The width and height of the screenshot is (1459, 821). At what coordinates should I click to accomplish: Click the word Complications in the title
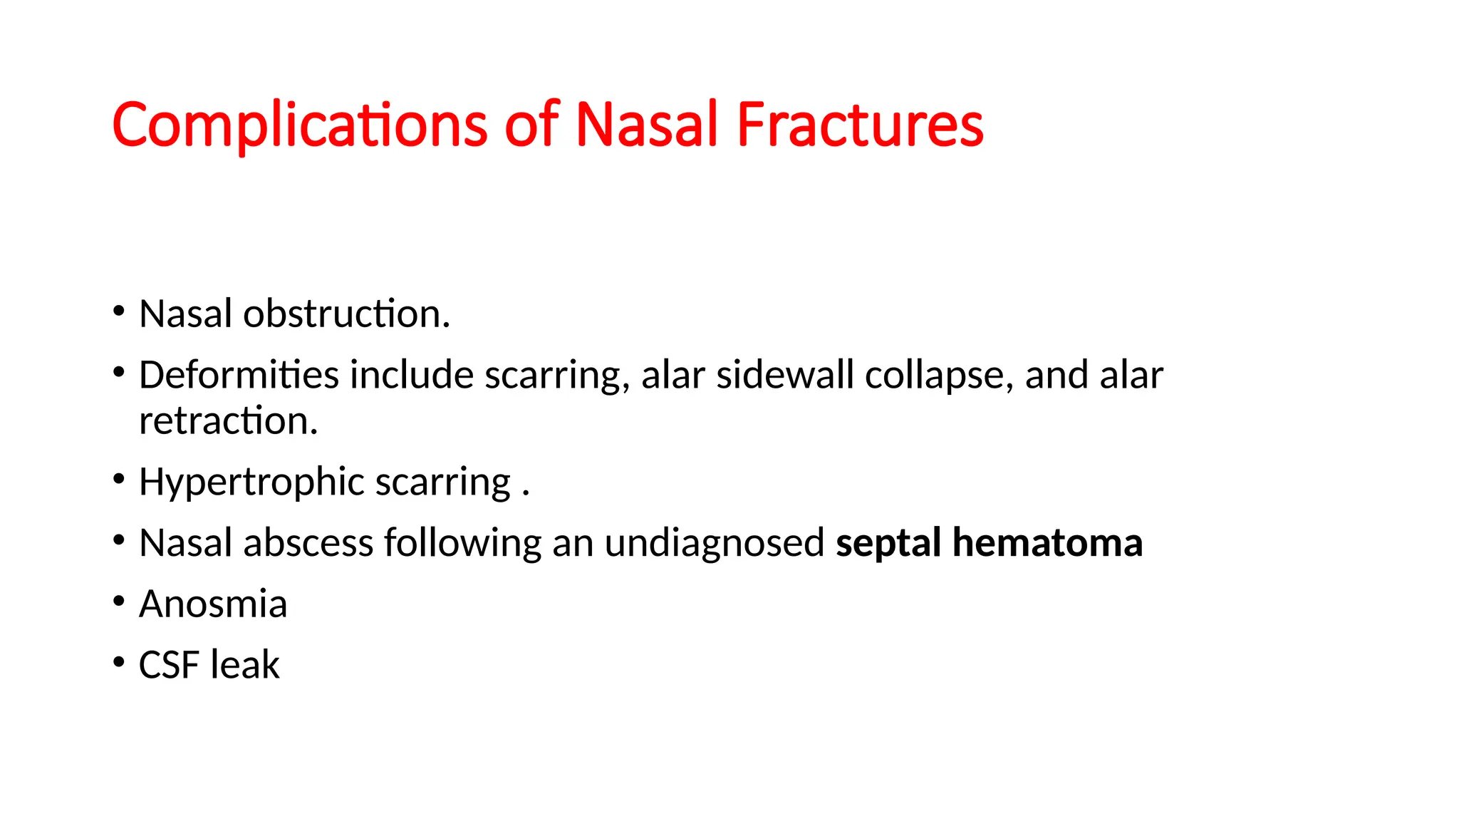click(299, 125)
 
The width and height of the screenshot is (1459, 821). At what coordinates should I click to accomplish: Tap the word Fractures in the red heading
click(860, 125)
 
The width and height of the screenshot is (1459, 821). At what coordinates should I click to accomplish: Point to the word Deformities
click(239, 375)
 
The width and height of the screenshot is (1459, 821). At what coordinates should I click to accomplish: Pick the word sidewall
click(784, 375)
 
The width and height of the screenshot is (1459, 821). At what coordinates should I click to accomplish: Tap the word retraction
click(228, 420)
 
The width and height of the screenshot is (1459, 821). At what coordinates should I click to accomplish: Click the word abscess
click(308, 543)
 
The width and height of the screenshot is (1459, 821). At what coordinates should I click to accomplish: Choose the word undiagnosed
click(715, 544)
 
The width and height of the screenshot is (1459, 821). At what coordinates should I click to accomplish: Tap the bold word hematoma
click(1047, 543)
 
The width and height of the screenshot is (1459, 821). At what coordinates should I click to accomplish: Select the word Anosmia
click(213, 604)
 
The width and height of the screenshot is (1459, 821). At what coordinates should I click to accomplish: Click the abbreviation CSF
click(169, 665)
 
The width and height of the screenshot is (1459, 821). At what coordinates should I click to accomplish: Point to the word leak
click(244, 665)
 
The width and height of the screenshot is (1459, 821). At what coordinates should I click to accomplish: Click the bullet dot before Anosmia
click(119, 601)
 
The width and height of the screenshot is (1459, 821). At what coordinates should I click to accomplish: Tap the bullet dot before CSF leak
click(119, 662)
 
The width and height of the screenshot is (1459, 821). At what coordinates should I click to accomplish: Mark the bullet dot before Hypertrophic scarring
click(119, 478)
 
